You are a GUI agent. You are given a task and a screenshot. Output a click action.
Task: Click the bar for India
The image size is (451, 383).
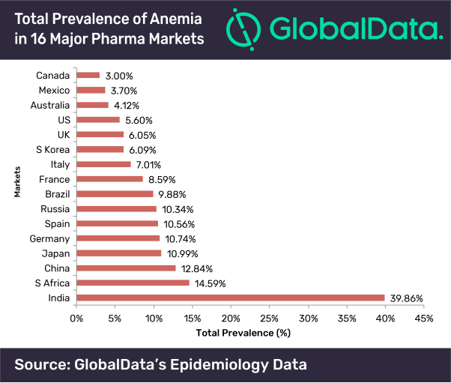click(x=230, y=298)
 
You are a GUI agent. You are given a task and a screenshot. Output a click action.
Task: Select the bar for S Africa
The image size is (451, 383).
click(x=133, y=283)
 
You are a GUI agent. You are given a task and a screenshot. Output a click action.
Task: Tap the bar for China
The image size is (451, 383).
click(x=126, y=268)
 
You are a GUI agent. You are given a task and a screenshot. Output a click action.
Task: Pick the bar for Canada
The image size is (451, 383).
click(x=88, y=75)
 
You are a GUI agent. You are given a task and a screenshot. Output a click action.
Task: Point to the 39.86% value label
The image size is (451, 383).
click(x=407, y=298)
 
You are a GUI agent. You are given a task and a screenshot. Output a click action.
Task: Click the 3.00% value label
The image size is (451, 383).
click(x=118, y=76)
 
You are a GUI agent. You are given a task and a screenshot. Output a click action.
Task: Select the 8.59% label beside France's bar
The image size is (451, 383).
click(x=162, y=180)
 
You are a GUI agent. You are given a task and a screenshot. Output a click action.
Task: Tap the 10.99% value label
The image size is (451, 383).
click(x=182, y=253)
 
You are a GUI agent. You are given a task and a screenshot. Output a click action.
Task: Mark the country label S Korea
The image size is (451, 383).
click(x=53, y=149)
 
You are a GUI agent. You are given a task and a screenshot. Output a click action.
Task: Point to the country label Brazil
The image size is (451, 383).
click(x=57, y=194)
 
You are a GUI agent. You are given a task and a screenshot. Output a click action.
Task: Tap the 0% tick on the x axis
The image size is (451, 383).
click(x=76, y=318)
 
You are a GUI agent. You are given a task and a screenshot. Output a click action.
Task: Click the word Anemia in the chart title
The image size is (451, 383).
click(x=172, y=16)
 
